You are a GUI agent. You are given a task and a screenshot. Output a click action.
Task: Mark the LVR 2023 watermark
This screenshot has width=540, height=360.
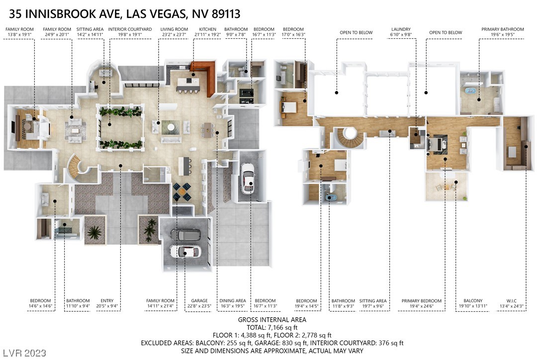[x=24, y=353]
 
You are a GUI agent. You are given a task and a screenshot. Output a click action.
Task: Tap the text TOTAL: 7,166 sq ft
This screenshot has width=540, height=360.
[x=272, y=328]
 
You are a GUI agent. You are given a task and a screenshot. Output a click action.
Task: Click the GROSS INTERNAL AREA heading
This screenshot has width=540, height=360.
[x=272, y=320]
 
